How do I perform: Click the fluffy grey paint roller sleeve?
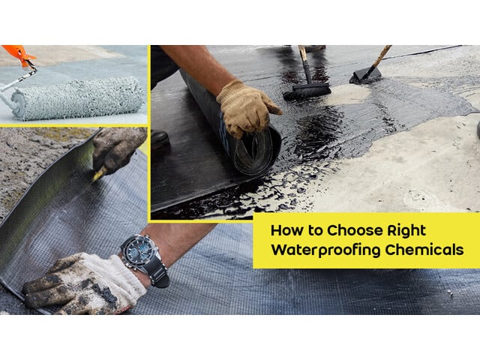[x=79, y=98]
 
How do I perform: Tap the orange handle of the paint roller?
[x=16, y=54]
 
